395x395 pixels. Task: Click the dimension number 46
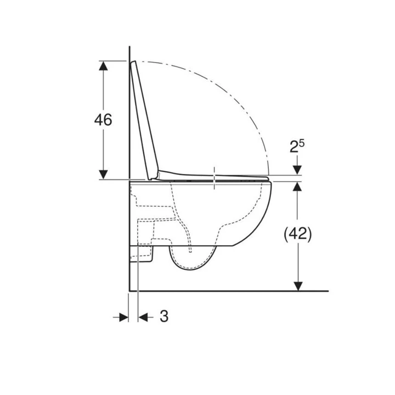point(103,120)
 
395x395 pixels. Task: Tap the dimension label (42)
point(297,234)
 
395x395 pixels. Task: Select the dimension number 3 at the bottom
point(164,316)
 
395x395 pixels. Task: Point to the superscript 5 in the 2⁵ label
point(302,143)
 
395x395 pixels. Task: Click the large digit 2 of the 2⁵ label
point(294,147)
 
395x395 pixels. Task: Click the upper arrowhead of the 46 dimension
point(103,66)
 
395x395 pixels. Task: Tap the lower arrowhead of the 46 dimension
point(103,174)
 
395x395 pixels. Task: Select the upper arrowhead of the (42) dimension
point(297,187)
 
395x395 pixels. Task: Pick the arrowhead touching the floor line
point(298,286)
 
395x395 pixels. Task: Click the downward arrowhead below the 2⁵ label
point(297,170)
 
